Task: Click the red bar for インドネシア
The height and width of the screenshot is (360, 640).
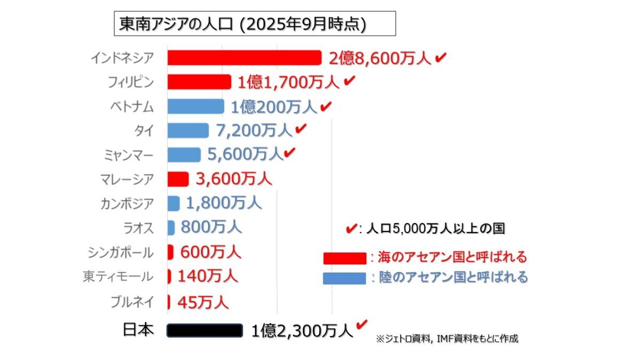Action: (244, 58)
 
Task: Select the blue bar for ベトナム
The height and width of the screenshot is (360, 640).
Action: (195, 107)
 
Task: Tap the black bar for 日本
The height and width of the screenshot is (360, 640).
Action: (205, 331)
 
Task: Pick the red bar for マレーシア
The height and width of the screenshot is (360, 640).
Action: (178, 179)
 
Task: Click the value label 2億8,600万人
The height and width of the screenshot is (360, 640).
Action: (380, 58)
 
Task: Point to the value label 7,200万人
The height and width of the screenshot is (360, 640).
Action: (254, 130)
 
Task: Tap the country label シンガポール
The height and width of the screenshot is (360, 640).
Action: (121, 252)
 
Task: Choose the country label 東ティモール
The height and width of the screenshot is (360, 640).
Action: (118, 277)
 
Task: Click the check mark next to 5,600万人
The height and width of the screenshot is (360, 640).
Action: (290, 153)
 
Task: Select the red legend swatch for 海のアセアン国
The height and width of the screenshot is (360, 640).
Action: (345, 258)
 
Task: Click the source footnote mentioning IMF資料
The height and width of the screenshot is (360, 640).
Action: (447, 339)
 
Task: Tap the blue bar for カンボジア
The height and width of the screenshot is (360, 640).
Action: (173, 203)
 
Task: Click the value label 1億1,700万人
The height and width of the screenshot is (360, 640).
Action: (288, 82)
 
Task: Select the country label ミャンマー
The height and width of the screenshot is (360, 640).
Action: (129, 155)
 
